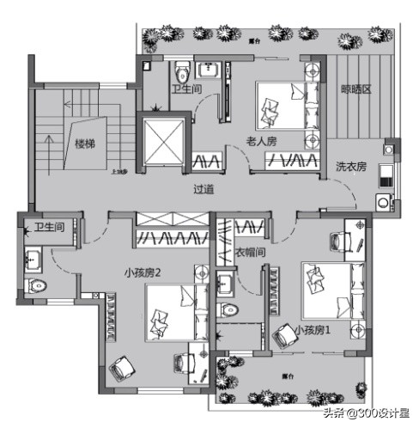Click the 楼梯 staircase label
click(83, 144)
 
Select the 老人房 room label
click(262, 140)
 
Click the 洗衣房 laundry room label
click(351, 166)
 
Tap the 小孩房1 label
click(313, 329)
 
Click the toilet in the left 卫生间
click(38, 284)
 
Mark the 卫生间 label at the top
click(186, 89)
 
